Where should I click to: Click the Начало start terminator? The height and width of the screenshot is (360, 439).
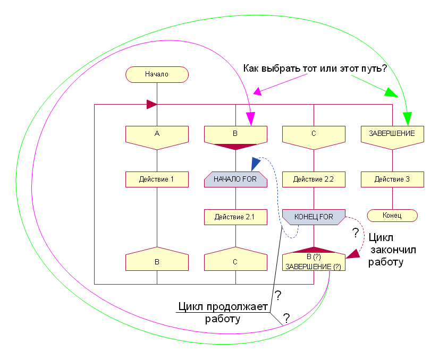[x=157, y=74]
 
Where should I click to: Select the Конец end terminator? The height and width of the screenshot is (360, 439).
[x=392, y=216]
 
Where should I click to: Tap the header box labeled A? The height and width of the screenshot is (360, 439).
[x=157, y=134]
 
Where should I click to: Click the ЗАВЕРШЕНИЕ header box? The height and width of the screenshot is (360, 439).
[x=392, y=134]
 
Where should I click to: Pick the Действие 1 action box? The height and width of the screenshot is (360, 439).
[x=157, y=179]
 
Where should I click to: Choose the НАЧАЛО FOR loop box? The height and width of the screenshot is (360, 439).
[x=235, y=179]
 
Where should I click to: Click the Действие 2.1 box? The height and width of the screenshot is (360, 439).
[x=235, y=217]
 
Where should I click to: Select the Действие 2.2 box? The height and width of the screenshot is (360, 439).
[x=314, y=179]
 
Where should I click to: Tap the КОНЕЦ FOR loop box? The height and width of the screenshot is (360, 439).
[x=314, y=217]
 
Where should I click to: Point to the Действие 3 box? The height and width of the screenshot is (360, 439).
[x=392, y=179]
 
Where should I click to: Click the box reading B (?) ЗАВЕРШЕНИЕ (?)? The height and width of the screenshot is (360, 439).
[x=314, y=260]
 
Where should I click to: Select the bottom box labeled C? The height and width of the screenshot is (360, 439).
[x=235, y=261]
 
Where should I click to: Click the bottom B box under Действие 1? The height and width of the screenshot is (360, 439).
[x=157, y=261]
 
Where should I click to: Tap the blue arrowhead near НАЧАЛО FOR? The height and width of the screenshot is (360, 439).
[x=256, y=162]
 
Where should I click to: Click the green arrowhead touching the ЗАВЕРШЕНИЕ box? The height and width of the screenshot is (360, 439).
[x=408, y=120]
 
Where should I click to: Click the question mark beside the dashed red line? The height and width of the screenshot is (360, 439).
[x=356, y=232]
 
